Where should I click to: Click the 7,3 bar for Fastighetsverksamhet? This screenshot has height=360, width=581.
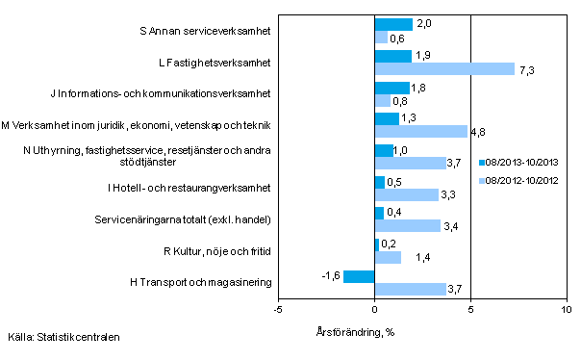click(444, 68)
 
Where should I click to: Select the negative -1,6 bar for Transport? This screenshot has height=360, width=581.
click(359, 276)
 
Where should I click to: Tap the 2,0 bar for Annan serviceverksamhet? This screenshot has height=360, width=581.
click(393, 25)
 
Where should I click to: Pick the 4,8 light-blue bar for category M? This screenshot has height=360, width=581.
click(420, 131)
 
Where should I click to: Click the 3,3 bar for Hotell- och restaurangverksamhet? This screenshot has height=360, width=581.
click(406, 194)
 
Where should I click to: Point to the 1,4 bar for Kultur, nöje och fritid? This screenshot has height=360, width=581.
click(388, 257)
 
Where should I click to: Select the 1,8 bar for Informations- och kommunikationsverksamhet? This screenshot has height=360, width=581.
click(392, 88)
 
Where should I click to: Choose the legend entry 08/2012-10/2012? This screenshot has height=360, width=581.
click(519, 180)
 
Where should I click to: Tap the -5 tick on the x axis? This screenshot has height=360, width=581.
click(278, 310)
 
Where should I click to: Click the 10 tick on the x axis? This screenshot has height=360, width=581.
click(566, 310)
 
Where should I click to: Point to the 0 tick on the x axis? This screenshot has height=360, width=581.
click(374, 310)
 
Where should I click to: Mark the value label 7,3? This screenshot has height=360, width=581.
click(527, 69)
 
